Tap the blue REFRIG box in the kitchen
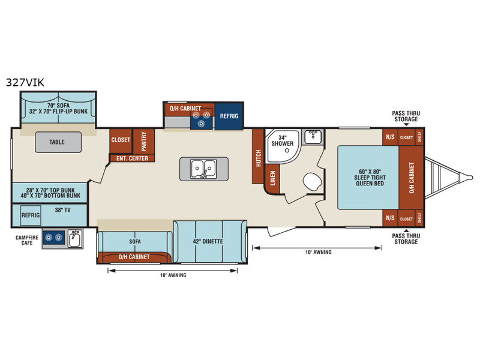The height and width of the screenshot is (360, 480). click(x=229, y=116)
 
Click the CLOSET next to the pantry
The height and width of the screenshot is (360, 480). click(x=121, y=140)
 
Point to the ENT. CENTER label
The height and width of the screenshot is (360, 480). click(x=132, y=158)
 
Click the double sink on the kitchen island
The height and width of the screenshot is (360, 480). click(x=202, y=169)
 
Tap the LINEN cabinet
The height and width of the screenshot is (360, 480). click(x=272, y=179)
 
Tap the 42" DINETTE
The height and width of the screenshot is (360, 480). click(x=209, y=241)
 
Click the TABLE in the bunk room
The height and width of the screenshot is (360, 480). click(x=57, y=143)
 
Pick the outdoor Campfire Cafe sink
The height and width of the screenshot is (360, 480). click(x=75, y=238)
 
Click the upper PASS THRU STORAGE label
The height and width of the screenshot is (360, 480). click(x=406, y=115)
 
